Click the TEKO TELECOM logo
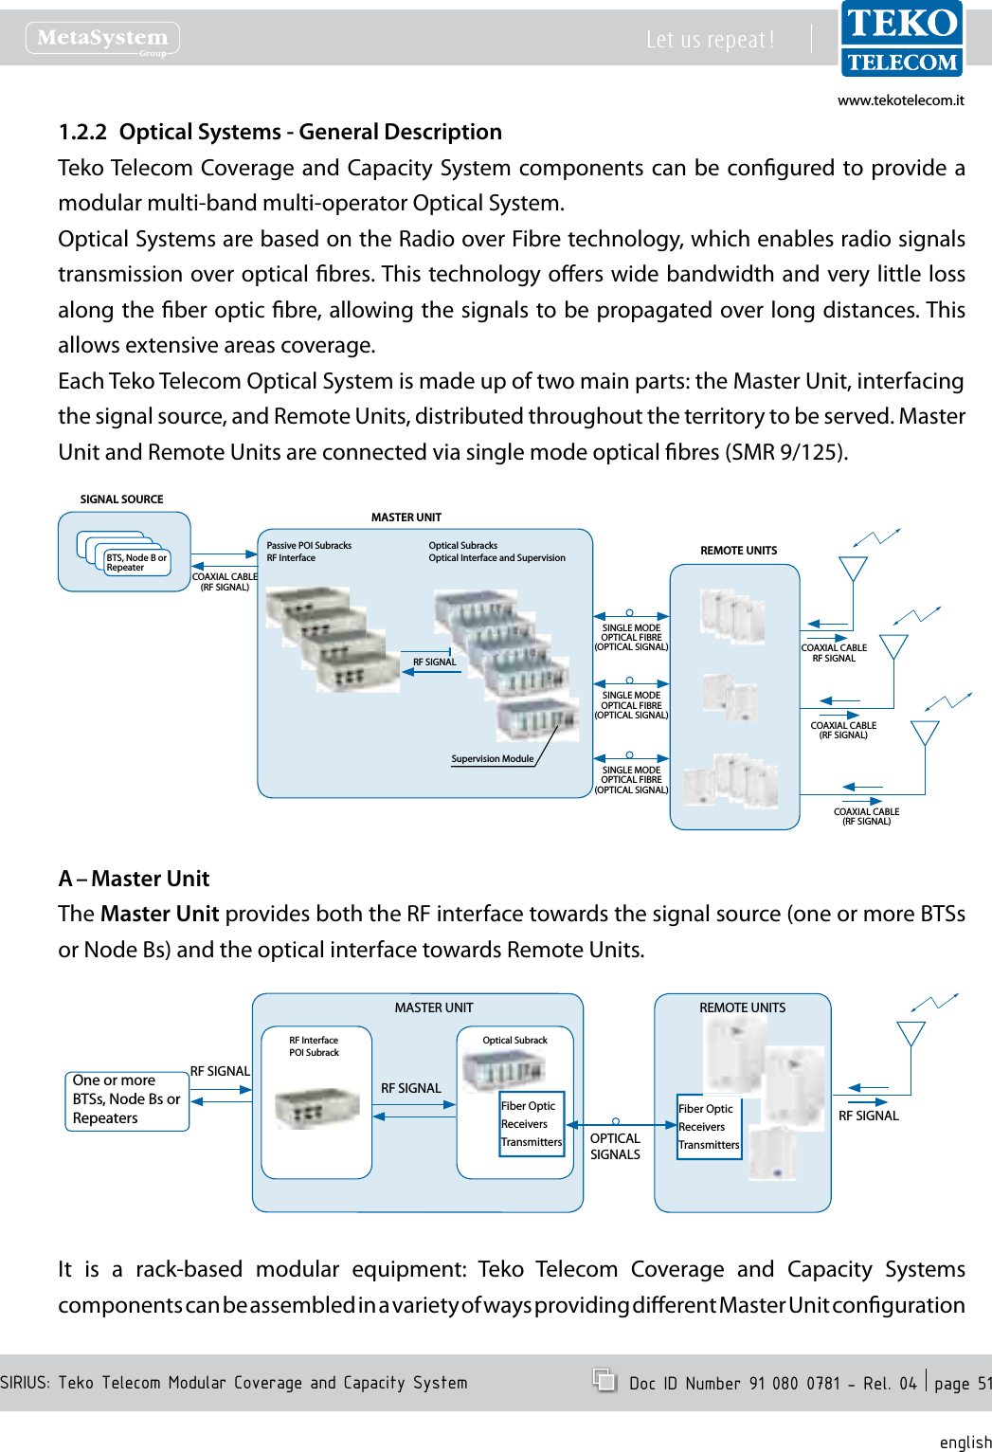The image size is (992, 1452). [x=901, y=40]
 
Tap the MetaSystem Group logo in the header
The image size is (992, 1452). [x=102, y=38]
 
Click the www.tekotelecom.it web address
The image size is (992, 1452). [x=900, y=100]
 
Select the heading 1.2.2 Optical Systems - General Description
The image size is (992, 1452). [x=280, y=132]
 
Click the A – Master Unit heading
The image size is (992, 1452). [x=134, y=879]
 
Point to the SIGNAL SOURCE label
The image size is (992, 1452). [x=121, y=499]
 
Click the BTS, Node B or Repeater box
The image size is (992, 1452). [x=136, y=563]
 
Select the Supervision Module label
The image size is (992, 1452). [x=492, y=759]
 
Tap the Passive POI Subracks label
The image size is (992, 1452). [x=309, y=546]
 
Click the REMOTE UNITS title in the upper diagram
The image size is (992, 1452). [x=738, y=551]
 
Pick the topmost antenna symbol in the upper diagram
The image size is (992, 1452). [x=854, y=568]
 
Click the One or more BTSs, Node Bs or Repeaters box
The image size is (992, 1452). [x=126, y=1099]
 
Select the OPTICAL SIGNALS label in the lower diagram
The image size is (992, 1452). [x=615, y=1147]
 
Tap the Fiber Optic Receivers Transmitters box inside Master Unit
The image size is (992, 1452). [x=532, y=1123]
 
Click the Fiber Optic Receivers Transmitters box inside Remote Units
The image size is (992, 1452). [x=709, y=1127]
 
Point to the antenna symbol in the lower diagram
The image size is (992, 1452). [x=911, y=1033]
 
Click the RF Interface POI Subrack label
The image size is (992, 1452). [x=314, y=1046]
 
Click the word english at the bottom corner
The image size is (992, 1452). [x=965, y=1442]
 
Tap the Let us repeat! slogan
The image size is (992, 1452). [x=710, y=40]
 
